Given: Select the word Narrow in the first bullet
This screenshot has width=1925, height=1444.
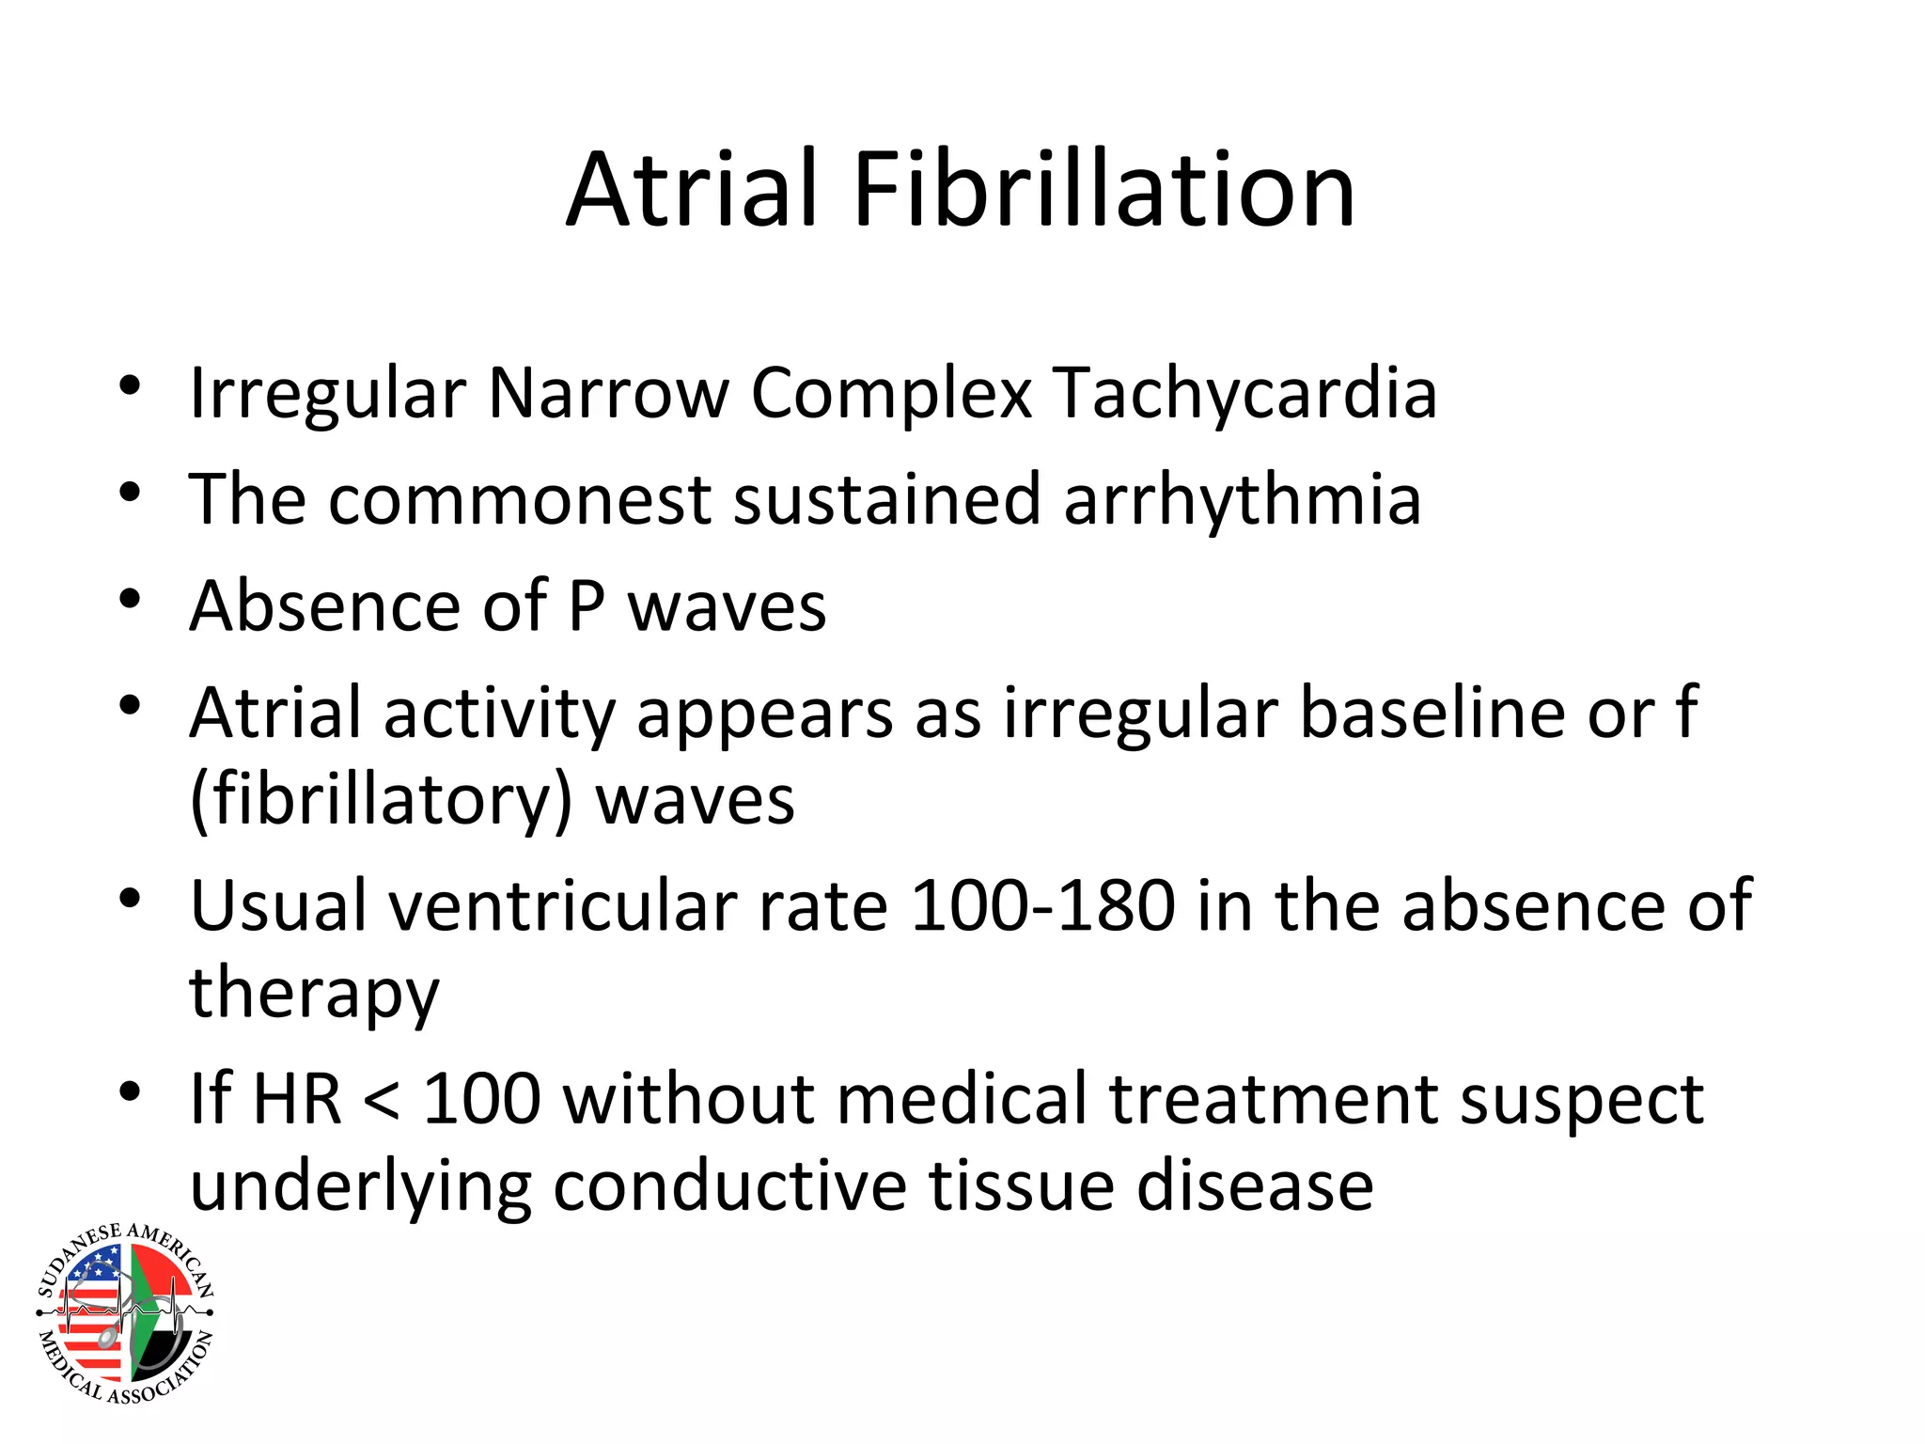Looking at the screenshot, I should pos(608,393).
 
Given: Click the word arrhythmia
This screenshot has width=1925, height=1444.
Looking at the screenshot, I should pos(1242,501).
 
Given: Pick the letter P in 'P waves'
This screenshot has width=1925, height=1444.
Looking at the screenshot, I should pos(586,605).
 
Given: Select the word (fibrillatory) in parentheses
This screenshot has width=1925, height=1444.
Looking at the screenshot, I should pos(381,801).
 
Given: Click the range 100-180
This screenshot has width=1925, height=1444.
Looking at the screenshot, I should pos(1042,906).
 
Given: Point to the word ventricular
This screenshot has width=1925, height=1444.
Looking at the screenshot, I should pos(562,906).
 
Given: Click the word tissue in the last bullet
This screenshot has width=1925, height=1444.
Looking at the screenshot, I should pos(1022,1186).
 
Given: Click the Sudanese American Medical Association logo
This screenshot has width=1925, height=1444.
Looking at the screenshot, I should pos(125,1312).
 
